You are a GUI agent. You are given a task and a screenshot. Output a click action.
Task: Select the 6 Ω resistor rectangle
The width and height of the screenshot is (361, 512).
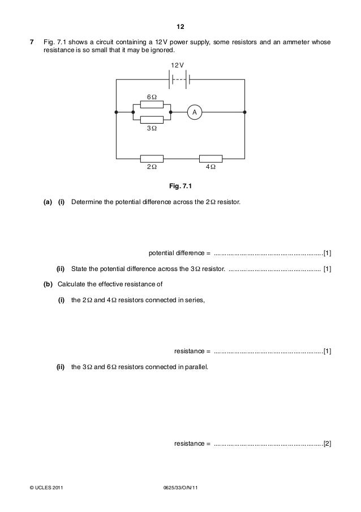point(152,105)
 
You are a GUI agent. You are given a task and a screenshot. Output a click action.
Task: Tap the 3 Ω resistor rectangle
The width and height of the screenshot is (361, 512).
point(152,120)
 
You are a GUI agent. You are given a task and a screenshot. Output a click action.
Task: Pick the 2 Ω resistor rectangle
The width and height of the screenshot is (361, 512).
point(152,158)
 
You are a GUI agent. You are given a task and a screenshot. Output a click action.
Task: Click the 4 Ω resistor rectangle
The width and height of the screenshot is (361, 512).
point(211,158)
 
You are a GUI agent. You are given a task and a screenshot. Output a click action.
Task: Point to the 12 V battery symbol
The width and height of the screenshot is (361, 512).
point(180,79)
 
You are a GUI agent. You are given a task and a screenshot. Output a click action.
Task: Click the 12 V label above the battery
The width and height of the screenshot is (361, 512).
point(178,66)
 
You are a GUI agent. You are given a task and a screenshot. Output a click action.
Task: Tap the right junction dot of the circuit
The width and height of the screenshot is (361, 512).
point(244,112)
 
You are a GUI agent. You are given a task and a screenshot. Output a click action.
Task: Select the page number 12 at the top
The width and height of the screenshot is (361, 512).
point(180,27)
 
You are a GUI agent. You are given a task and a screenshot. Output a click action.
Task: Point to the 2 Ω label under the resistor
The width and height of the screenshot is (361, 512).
point(152,168)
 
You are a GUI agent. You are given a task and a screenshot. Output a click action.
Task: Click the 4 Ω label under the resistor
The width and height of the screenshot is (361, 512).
point(211,168)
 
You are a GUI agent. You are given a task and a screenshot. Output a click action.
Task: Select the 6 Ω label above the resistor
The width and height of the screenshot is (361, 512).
point(152,97)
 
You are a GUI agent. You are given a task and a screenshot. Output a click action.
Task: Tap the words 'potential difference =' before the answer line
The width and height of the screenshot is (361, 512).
point(179,252)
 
